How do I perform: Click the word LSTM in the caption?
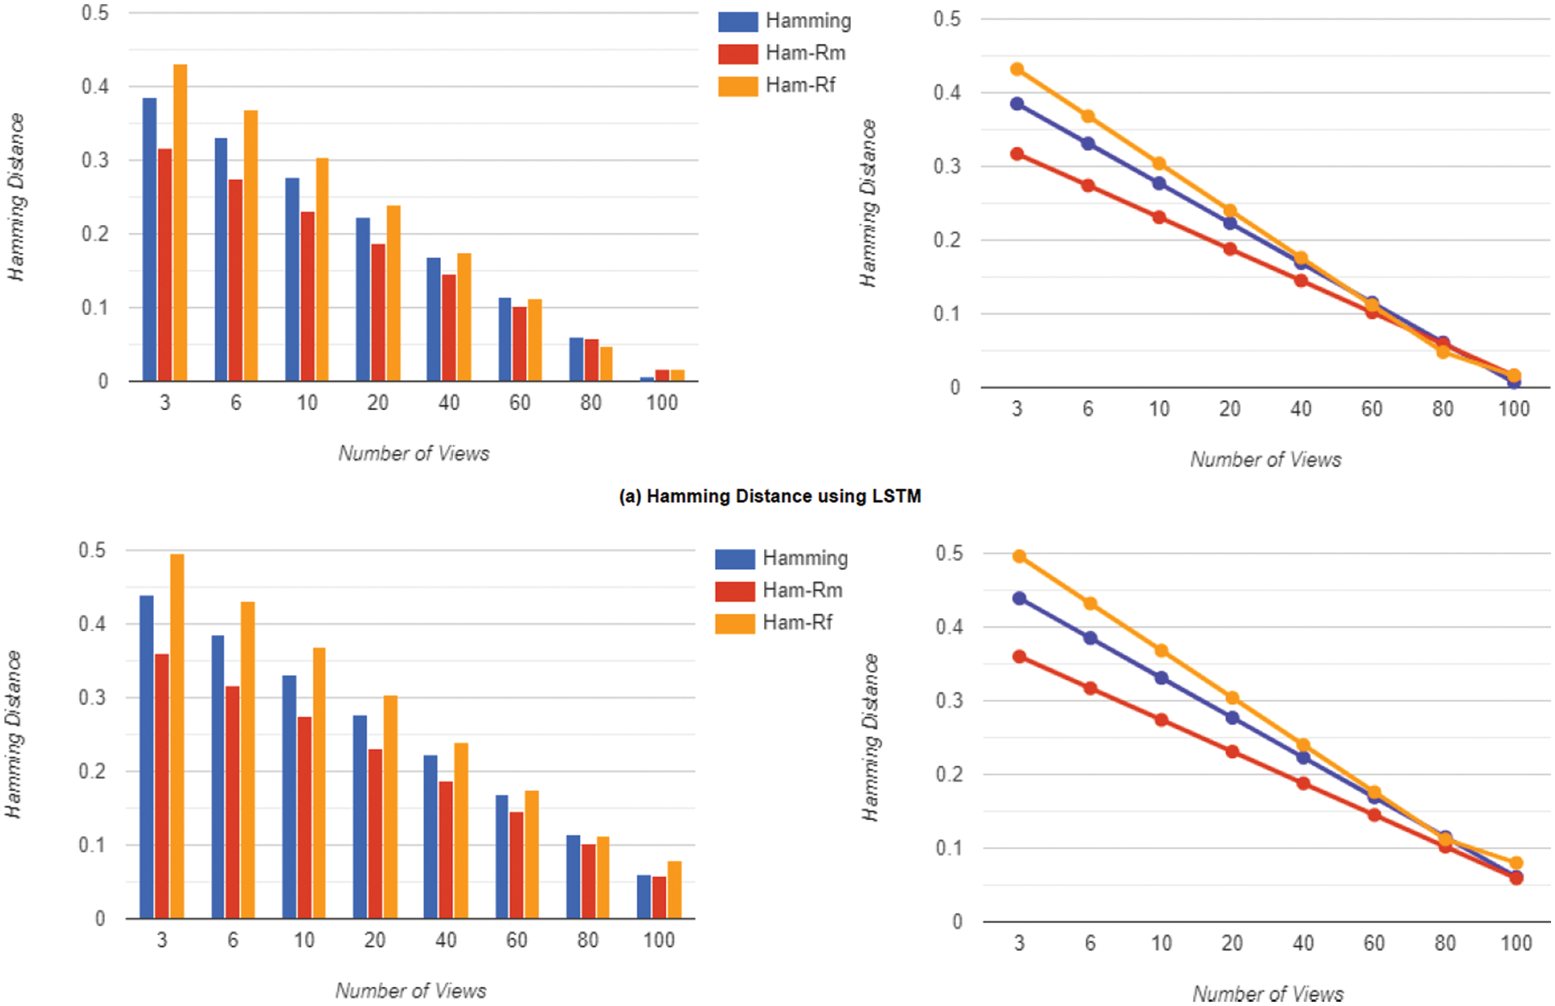point(896,496)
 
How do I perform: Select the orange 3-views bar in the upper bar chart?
point(180,223)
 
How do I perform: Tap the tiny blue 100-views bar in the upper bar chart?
point(647,379)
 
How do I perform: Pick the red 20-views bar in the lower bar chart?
point(376,834)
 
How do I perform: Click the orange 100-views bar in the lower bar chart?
point(675,890)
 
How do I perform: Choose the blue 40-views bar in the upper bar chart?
point(433,319)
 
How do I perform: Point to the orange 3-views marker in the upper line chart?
point(1017,69)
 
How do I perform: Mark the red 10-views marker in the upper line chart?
point(1159,217)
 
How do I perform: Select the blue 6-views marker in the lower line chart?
point(1090,638)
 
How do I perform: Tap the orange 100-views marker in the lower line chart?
point(1516,863)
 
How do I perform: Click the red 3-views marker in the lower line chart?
point(1019,657)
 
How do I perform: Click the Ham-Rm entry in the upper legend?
point(805,53)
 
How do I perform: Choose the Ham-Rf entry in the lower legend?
point(797,622)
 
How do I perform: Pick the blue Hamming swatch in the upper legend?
point(737,22)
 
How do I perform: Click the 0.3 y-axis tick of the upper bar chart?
point(95,160)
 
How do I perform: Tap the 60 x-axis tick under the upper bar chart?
point(519,403)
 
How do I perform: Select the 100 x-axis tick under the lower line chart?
point(1515,944)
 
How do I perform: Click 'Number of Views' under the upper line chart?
point(1266,460)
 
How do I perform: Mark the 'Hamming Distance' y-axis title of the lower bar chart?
point(14,734)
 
